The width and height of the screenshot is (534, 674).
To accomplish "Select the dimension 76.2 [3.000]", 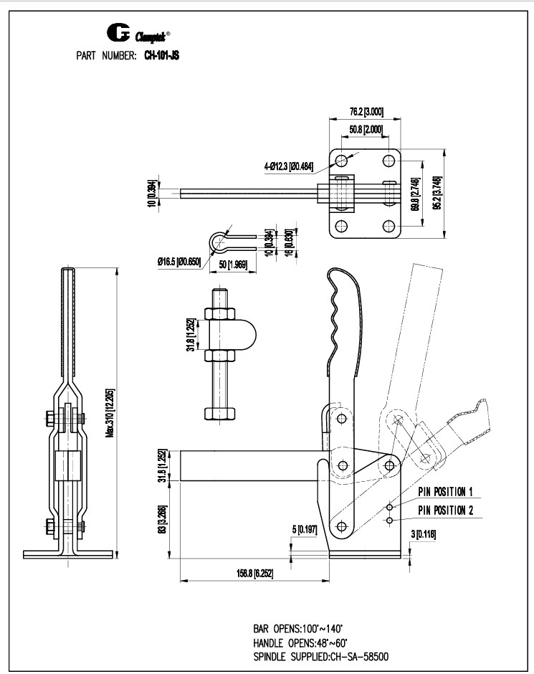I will pyautogui.click(x=365, y=112).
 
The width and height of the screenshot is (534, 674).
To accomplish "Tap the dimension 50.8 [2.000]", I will pyautogui.click(x=365, y=130).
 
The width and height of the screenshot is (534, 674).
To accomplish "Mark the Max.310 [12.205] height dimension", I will pyautogui.click(x=110, y=413).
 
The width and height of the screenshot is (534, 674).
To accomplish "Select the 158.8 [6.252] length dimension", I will pyautogui.click(x=254, y=574).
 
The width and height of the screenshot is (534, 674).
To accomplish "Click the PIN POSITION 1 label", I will pyautogui.click(x=447, y=491).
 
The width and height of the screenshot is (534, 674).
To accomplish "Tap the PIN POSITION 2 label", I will pyautogui.click(x=447, y=510).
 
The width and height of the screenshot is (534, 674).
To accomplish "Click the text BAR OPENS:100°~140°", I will pyautogui.click(x=296, y=626).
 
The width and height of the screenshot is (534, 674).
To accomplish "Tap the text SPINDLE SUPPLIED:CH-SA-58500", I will pyautogui.click(x=320, y=655).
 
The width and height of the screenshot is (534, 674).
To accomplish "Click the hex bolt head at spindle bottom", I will pyautogui.click(x=218, y=414).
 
